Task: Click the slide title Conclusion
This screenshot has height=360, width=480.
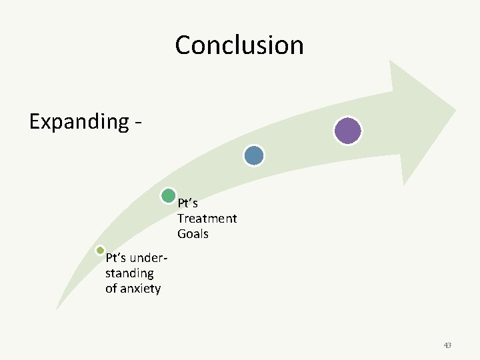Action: click(x=239, y=45)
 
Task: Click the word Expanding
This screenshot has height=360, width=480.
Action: click(x=79, y=122)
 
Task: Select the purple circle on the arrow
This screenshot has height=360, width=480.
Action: click(x=347, y=131)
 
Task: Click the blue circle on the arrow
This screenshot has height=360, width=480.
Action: click(x=254, y=155)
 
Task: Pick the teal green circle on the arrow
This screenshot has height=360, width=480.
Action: click(x=169, y=196)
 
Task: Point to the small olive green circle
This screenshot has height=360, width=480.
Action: click(x=100, y=251)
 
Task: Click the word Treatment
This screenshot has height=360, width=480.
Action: click(x=207, y=219)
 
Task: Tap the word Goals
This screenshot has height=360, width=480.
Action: click(x=193, y=234)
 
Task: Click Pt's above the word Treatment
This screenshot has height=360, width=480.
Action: click(x=187, y=203)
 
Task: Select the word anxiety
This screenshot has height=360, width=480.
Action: click(x=141, y=289)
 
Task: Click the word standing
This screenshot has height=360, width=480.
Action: click(x=129, y=273)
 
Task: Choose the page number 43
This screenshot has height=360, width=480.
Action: click(x=447, y=345)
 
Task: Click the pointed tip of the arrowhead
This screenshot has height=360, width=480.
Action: click(x=455, y=109)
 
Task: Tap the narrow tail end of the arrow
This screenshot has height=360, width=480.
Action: click(x=57, y=309)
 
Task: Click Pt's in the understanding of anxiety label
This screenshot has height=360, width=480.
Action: click(x=116, y=258)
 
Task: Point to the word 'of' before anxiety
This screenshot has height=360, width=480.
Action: click(x=111, y=289)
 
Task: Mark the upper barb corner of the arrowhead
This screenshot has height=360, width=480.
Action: click(x=390, y=61)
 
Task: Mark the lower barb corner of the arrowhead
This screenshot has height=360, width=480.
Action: click(x=403, y=185)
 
